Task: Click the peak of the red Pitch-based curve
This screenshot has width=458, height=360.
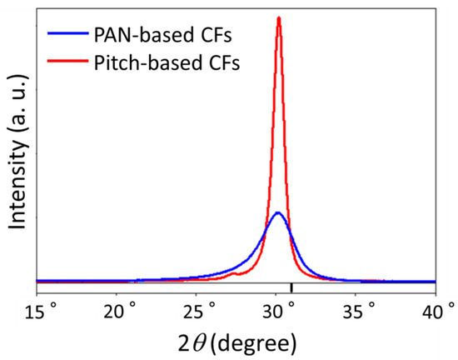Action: [x=279, y=18]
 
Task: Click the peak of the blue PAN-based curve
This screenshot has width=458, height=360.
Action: [x=278, y=213]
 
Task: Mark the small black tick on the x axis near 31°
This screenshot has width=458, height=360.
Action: [x=291, y=288]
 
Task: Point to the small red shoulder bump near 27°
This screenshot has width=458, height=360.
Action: [x=236, y=272]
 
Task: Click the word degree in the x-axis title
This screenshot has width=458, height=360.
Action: [x=255, y=342]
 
